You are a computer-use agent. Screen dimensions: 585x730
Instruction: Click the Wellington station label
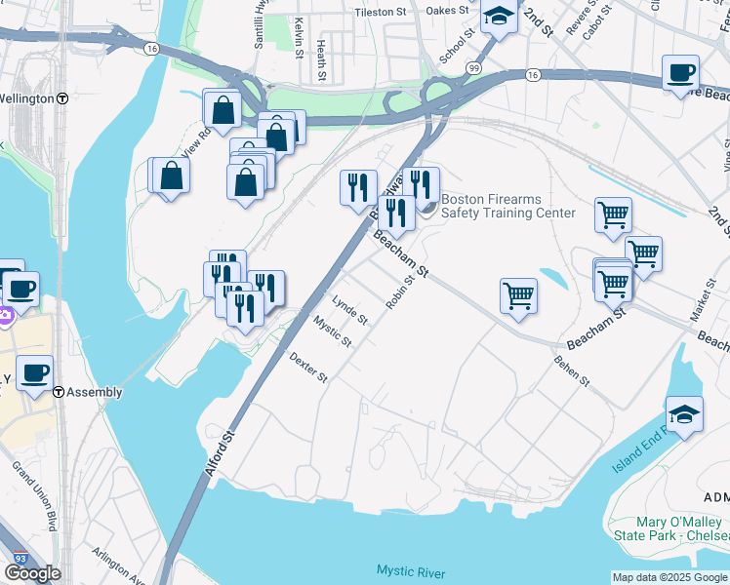[x=27, y=98]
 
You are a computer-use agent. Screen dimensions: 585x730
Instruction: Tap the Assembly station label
[x=95, y=392]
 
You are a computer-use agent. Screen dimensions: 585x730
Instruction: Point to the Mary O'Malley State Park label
[x=669, y=529]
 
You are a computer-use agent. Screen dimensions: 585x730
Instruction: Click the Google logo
[x=32, y=573]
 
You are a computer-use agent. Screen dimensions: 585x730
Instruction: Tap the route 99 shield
[x=473, y=67]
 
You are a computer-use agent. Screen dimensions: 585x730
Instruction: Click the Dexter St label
[x=307, y=369]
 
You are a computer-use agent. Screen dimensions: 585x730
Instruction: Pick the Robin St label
[x=400, y=292]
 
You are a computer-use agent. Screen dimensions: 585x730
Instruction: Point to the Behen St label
[x=572, y=371]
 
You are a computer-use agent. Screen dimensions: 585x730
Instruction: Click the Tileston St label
[x=381, y=12]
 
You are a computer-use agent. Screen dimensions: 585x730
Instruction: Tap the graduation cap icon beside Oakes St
[x=499, y=17]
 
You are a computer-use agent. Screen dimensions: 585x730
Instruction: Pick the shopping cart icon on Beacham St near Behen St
[x=518, y=294]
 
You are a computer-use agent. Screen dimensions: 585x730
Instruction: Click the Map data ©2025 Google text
[x=669, y=577]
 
